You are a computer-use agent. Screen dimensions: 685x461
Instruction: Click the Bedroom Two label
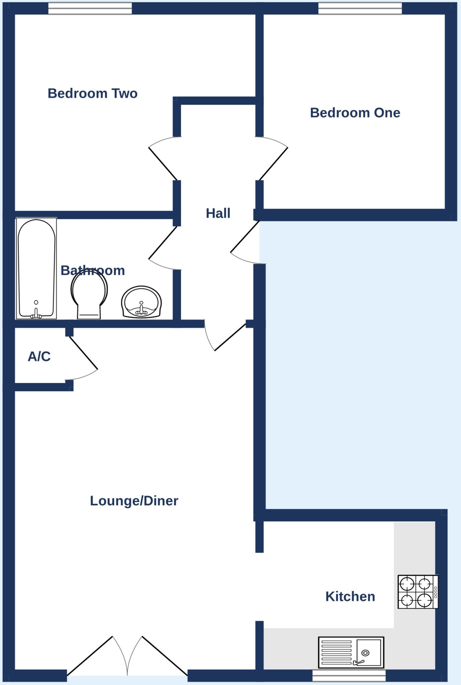pyautogui.click(x=92, y=93)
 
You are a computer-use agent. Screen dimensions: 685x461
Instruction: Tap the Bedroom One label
pyautogui.click(x=355, y=113)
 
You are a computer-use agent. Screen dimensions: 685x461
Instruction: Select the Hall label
pyautogui.click(x=218, y=213)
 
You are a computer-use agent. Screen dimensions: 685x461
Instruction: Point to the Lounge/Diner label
pyautogui.click(x=134, y=501)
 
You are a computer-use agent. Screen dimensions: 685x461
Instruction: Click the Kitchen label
pyautogui.click(x=350, y=596)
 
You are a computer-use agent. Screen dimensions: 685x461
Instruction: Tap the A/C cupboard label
pyautogui.click(x=39, y=357)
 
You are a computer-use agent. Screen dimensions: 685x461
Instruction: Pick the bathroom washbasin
pyautogui.click(x=141, y=302)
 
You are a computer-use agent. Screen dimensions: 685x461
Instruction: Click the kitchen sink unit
pyautogui.click(x=351, y=652)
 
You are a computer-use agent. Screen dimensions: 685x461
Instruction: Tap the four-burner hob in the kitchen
pyautogui.click(x=418, y=592)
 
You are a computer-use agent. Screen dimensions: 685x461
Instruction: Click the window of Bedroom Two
pyautogui.click(x=90, y=9)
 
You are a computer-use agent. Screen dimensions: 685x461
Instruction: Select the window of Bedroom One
pyautogui.click(x=360, y=9)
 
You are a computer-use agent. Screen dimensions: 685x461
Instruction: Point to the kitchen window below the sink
pyautogui.click(x=349, y=675)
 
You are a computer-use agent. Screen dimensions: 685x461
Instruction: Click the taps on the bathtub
pyautogui.click(x=36, y=314)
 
